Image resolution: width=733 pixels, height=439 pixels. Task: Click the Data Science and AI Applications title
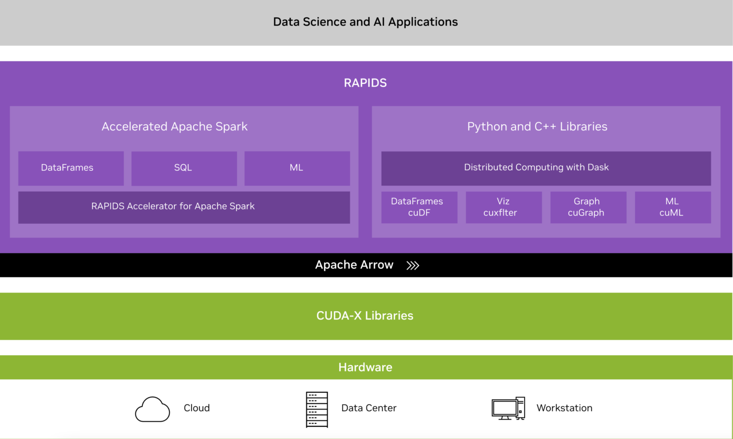click(x=365, y=22)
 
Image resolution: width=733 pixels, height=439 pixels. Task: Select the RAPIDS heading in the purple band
click(x=365, y=83)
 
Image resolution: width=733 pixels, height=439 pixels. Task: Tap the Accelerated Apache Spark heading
click(x=174, y=126)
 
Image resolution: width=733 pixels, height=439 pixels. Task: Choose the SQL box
click(x=184, y=168)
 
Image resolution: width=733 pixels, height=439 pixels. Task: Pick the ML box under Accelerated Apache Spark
click(x=297, y=168)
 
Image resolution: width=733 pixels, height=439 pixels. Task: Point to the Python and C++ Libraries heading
click(x=537, y=126)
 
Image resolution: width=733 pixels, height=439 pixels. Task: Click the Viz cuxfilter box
click(x=503, y=207)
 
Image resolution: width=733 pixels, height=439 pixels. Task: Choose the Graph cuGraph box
click(x=588, y=207)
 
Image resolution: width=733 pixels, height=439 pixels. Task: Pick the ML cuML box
click(x=672, y=207)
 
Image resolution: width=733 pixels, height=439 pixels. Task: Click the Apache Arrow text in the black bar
click(x=354, y=265)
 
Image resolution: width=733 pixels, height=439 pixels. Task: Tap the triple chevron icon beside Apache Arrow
click(x=413, y=266)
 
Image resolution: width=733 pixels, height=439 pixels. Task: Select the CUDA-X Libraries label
click(x=365, y=316)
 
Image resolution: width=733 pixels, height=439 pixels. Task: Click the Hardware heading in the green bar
click(x=365, y=367)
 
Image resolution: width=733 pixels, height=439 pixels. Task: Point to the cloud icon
click(x=152, y=410)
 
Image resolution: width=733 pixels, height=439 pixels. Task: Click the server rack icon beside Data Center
click(x=317, y=409)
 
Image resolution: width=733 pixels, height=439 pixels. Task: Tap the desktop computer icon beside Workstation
click(x=508, y=408)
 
